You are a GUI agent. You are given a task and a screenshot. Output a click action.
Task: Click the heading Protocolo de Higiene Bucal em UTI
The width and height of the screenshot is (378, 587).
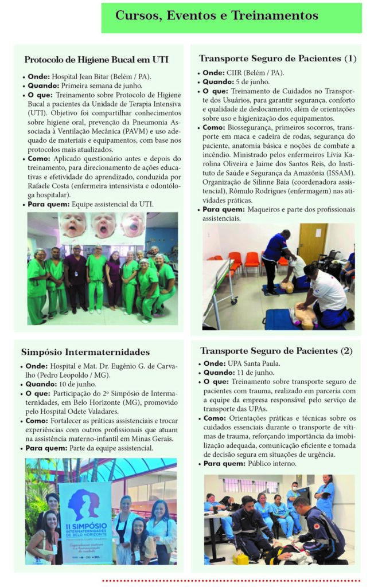[x=96, y=60]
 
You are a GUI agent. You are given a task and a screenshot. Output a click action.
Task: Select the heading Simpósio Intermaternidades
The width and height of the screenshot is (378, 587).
[x=85, y=351]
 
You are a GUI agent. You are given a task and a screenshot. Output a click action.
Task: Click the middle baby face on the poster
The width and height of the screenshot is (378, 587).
[x=104, y=225]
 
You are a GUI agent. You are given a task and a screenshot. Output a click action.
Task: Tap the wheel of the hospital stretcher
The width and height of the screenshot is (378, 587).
[x=233, y=300]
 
